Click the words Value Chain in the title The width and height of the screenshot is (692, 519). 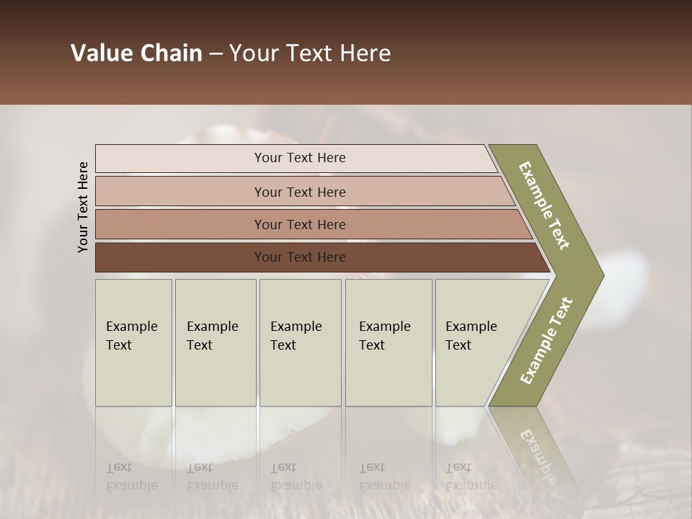136,53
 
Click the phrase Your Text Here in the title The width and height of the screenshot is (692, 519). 310,53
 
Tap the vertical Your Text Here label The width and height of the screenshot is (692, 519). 84,207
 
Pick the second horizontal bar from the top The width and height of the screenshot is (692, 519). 299,192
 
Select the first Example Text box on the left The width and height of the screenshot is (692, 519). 133,342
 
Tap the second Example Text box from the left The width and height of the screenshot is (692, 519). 215,342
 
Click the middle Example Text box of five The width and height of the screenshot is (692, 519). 300,342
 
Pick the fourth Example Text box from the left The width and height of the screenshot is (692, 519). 388,342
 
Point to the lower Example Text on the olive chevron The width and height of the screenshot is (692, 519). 546,341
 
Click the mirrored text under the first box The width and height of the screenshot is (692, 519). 131,476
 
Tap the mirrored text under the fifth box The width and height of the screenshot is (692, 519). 471,476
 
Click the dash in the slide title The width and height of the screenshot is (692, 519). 216,53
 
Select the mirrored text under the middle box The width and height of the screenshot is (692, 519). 296,476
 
